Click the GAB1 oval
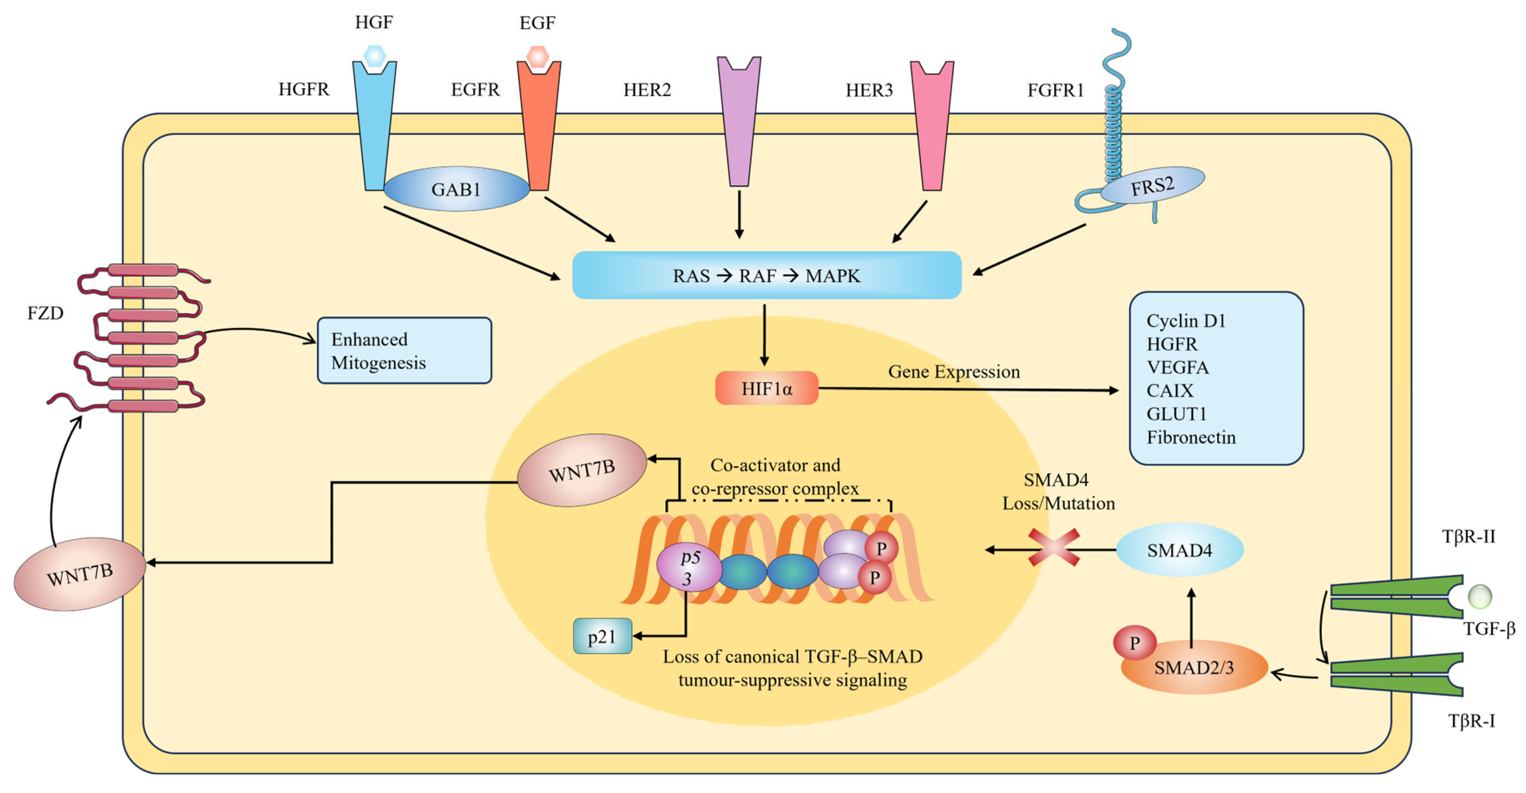click(456, 188)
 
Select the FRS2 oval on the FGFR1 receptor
click(1152, 186)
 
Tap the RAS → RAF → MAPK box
click(767, 275)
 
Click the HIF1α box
click(767, 388)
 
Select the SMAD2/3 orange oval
click(1194, 667)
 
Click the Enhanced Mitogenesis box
click(404, 350)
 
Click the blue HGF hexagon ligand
click(374, 56)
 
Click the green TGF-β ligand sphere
click(1480, 596)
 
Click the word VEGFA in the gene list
click(1178, 367)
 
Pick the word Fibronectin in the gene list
click(1191, 437)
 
